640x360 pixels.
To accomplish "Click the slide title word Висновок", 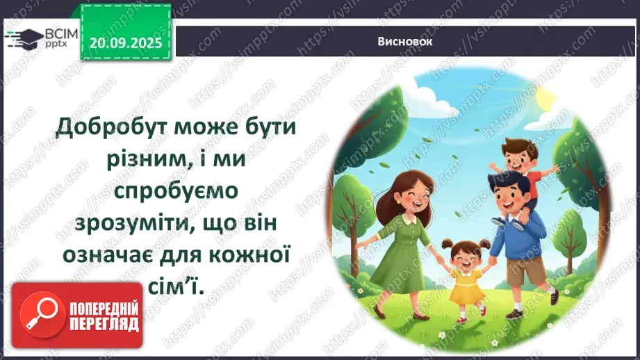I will [x=406, y=41].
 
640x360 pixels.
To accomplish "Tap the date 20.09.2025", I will [x=126, y=43].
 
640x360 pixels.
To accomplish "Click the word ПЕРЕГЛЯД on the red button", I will [x=104, y=325].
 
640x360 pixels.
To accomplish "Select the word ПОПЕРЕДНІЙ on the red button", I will [x=104, y=309].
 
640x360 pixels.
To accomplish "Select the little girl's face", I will [x=461, y=254].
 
